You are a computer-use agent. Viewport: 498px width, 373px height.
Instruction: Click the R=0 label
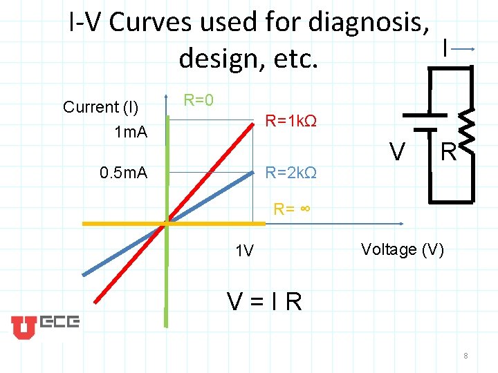198,100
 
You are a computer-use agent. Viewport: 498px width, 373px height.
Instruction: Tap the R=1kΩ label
291,122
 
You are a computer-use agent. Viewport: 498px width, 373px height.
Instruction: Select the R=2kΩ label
291,172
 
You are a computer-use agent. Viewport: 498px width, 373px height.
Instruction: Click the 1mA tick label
131,131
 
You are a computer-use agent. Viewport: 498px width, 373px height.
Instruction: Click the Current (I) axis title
101,107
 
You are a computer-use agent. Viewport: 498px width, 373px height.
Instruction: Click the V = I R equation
266,301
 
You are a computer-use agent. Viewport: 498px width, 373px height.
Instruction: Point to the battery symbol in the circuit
430,122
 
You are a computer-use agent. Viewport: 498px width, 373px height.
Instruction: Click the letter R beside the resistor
449,151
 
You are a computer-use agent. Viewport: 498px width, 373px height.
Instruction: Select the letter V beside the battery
397,151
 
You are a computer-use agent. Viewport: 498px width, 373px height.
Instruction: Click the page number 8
466,356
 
